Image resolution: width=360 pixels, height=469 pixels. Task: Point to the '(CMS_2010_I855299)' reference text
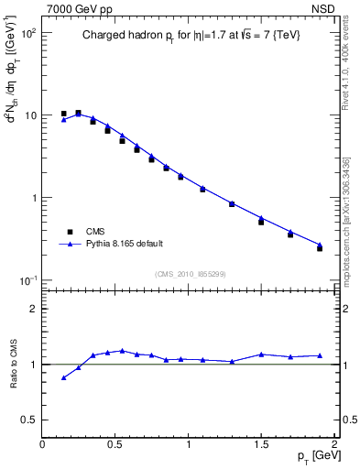pyautogui.click(x=190, y=274)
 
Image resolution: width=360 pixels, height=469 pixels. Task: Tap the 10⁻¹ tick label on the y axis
pyautogui.click(x=29, y=279)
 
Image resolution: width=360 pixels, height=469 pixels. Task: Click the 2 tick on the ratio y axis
pyautogui.click(x=33, y=309)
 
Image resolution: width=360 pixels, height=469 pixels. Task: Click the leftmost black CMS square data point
pyautogui.click(x=63, y=114)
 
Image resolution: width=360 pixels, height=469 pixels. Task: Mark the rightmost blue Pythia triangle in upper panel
pyautogui.click(x=320, y=245)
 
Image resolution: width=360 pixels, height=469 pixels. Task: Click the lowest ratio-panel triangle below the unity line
pyautogui.click(x=63, y=377)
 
